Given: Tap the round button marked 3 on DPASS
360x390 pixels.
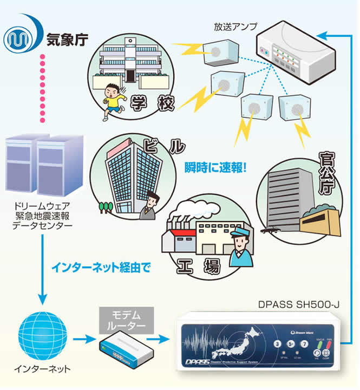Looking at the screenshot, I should [277, 344].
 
